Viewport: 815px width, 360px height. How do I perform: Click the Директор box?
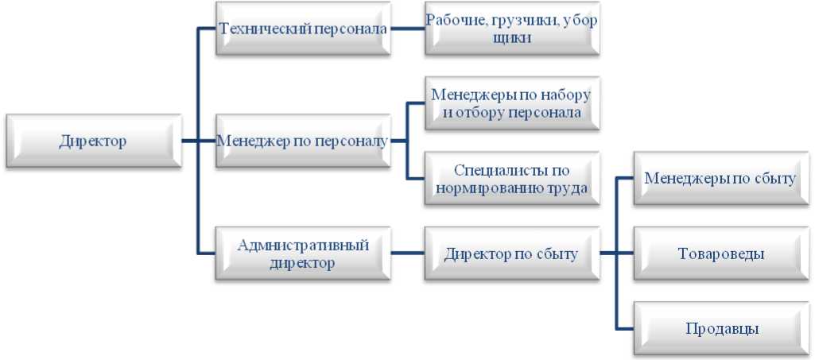[94, 141]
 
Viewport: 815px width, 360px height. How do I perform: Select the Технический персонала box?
[304, 29]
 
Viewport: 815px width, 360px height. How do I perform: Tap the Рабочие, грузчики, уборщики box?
[513, 29]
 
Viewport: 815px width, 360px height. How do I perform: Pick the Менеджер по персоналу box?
[304, 141]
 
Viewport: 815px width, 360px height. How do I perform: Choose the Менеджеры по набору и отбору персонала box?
[513, 103]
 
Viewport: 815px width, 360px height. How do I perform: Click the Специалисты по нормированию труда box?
[513, 179]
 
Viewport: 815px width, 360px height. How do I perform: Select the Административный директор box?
[304, 254]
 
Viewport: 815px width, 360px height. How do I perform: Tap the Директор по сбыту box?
[513, 254]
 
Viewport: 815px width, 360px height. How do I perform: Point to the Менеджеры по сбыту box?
[721, 179]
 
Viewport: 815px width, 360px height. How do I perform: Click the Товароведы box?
[721, 254]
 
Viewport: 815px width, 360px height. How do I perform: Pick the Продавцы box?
[721, 329]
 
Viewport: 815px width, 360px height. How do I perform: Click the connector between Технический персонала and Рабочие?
[408, 29]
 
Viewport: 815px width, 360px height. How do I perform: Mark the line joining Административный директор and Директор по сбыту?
[408, 254]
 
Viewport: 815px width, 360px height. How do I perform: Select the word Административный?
[304, 245]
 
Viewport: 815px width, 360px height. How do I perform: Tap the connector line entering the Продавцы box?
[625, 329]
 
